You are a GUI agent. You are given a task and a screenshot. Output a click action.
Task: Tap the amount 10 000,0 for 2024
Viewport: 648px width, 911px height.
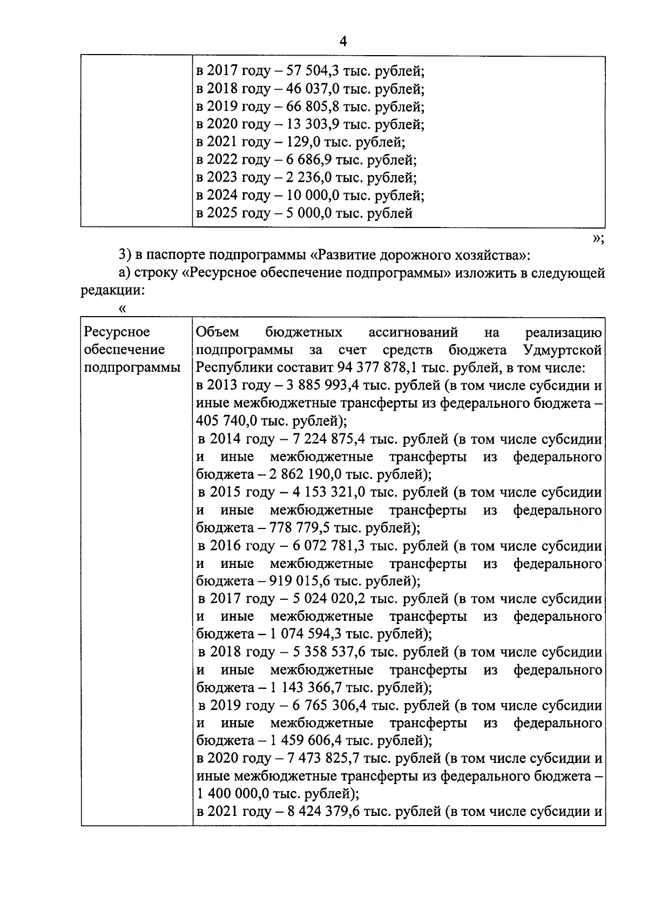click(309, 195)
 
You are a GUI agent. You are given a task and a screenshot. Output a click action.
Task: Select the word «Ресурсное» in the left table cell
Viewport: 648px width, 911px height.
click(118, 332)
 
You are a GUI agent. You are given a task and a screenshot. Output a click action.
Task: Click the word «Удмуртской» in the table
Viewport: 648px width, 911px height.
click(562, 350)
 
